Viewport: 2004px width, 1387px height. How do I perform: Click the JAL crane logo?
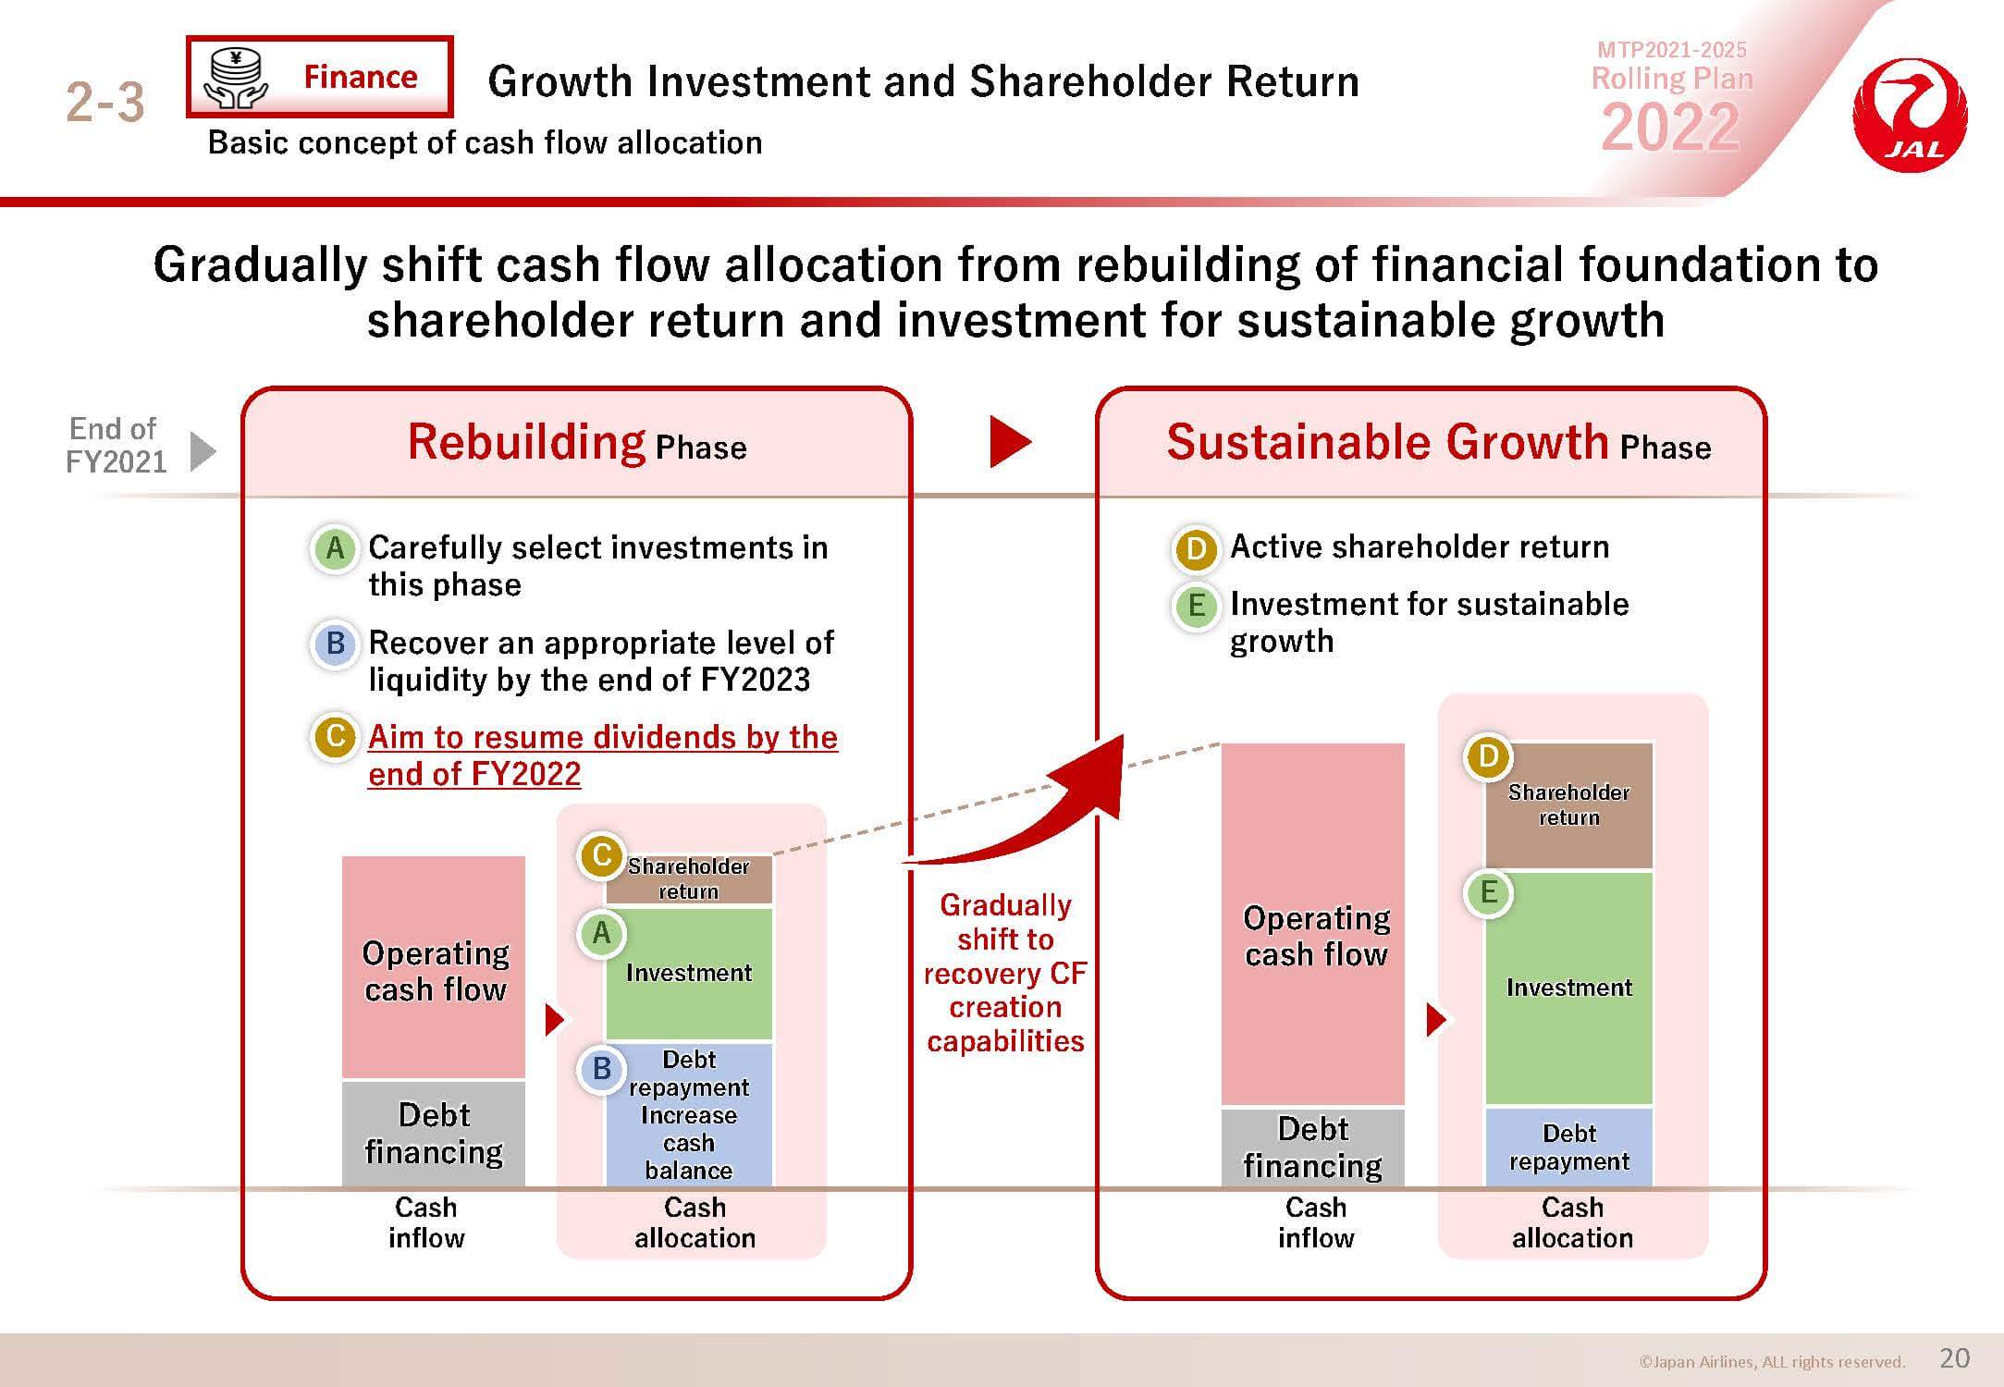tap(1910, 115)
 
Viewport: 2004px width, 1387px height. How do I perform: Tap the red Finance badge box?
tap(319, 77)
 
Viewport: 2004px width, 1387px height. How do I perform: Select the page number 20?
tap(1954, 1357)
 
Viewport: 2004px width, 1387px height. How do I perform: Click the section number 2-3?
tap(105, 102)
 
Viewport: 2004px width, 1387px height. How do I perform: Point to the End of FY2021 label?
tap(116, 445)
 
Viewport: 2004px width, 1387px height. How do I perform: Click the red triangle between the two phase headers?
tap(1010, 441)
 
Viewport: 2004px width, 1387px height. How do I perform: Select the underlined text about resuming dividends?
tap(603, 755)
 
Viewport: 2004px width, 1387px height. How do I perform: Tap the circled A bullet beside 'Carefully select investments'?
tap(335, 548)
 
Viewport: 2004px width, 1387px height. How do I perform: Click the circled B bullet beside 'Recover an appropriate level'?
tap(335, 643)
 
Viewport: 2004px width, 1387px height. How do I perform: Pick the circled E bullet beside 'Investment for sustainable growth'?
tap(1196, 606)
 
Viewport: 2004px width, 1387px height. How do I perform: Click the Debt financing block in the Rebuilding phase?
tap(434, 1134)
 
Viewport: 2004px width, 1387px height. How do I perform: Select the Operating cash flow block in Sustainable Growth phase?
tap(1313, 924)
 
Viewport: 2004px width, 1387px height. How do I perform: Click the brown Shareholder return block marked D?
tap(1568, 805)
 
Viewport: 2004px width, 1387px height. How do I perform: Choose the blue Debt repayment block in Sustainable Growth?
tap(1568, 1147)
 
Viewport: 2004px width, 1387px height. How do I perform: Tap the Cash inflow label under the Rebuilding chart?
tap(425, 1222)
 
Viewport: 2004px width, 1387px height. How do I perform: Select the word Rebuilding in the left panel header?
tap(526, 442)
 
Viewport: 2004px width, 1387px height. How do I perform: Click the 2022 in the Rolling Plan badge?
tap(1670, 127)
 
